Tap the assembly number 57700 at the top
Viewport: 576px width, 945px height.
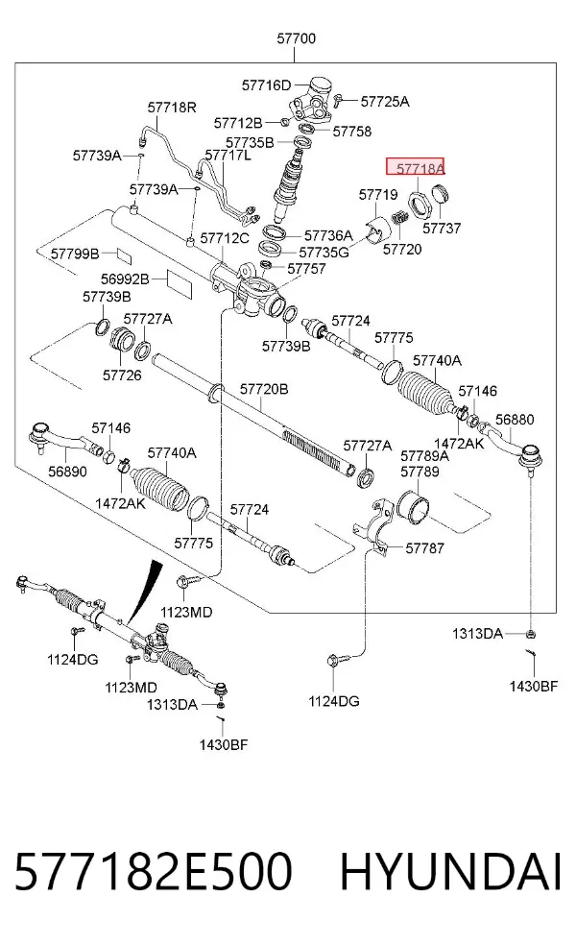point(296,38)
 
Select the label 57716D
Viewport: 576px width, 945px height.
point(266,85)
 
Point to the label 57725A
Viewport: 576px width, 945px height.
point(385,101)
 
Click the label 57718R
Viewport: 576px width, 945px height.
point(172,108)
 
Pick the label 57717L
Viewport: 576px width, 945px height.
point(228,155)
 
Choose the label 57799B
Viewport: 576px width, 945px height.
point(75,254)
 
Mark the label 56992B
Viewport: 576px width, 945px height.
point(125,279)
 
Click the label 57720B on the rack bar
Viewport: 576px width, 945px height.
point(264,389)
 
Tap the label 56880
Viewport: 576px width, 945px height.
point(515,420)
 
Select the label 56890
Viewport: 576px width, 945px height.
point(67,472)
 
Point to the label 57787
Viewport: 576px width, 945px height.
point(424,547)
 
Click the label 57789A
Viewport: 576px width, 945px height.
point(424,455)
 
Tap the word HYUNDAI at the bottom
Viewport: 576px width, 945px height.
point(451,871)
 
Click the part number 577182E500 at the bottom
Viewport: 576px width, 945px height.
point(153,871)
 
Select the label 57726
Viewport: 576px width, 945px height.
point(122,376)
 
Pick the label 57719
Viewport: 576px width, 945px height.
point(378,195)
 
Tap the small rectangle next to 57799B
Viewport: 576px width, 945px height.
point(123,254)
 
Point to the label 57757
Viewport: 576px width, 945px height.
point(306,269)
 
